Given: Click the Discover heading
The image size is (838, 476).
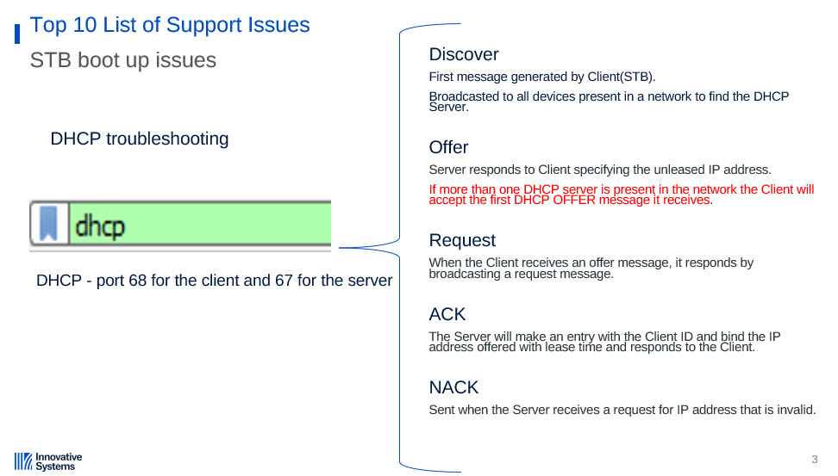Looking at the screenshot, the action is point(464,54).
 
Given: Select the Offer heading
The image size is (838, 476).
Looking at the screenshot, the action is point(448,147).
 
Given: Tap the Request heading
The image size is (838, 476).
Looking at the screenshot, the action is point(462,241).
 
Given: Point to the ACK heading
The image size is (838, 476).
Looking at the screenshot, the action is point(447,314).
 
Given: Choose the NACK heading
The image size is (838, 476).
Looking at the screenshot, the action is point(453,387).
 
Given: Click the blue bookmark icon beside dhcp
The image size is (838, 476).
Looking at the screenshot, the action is point(48,224).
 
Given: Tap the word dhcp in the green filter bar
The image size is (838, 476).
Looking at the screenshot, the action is point(100,226).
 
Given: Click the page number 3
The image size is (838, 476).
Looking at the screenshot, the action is point(815,460).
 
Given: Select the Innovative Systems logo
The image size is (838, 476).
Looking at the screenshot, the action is point(48,461).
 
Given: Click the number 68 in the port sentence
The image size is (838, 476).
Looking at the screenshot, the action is point(137,281).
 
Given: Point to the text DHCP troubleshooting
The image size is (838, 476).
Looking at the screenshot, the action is point(140,139).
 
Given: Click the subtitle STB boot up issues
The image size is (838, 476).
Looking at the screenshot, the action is point(123,60).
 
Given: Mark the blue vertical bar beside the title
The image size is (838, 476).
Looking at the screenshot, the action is point(17,34).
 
